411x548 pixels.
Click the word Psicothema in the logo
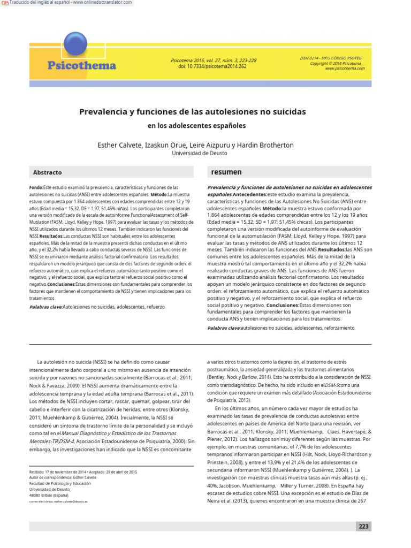pos(81,66)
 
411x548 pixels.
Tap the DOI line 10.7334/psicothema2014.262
pos(212,66)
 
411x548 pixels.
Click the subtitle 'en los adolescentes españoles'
pos(196,126)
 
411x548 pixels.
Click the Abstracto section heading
pos(48,173)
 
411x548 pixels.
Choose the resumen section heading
pos(226,172)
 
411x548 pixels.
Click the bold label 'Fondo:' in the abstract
pos(36,188)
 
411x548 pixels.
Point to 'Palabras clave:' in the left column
pos(46,307)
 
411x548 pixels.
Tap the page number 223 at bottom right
pos(363,526)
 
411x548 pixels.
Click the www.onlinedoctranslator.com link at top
pos(102,3)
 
